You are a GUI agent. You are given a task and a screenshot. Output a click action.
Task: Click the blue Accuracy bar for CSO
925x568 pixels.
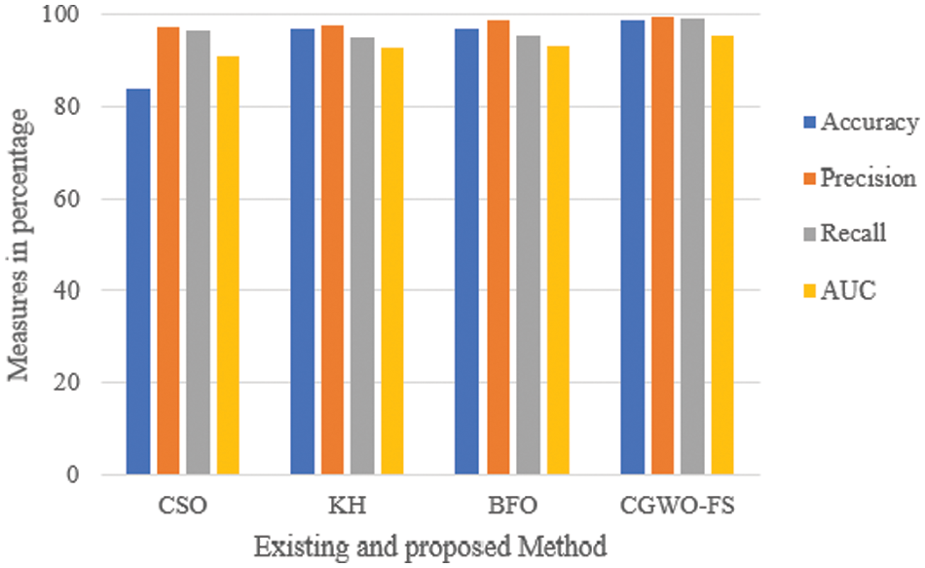click(x=138, y=283)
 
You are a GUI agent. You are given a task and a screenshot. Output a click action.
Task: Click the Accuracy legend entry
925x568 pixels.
click(x=858, y=123)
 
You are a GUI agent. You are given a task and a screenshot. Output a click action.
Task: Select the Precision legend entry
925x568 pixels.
click(x=857, y=178)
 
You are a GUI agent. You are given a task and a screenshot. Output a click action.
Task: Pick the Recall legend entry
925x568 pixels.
click(x=842, y=234)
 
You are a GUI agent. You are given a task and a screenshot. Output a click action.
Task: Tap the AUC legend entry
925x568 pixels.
click(x=836, y=289)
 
